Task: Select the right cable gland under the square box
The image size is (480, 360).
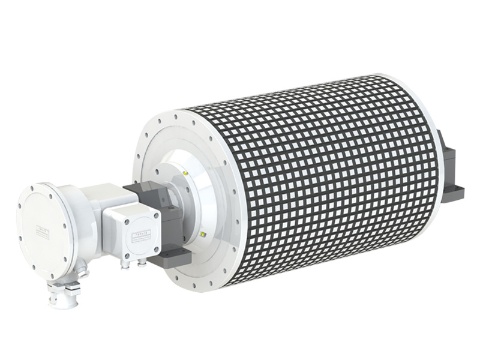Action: click(142, 261)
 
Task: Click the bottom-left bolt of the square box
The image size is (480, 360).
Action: click(112, 253)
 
